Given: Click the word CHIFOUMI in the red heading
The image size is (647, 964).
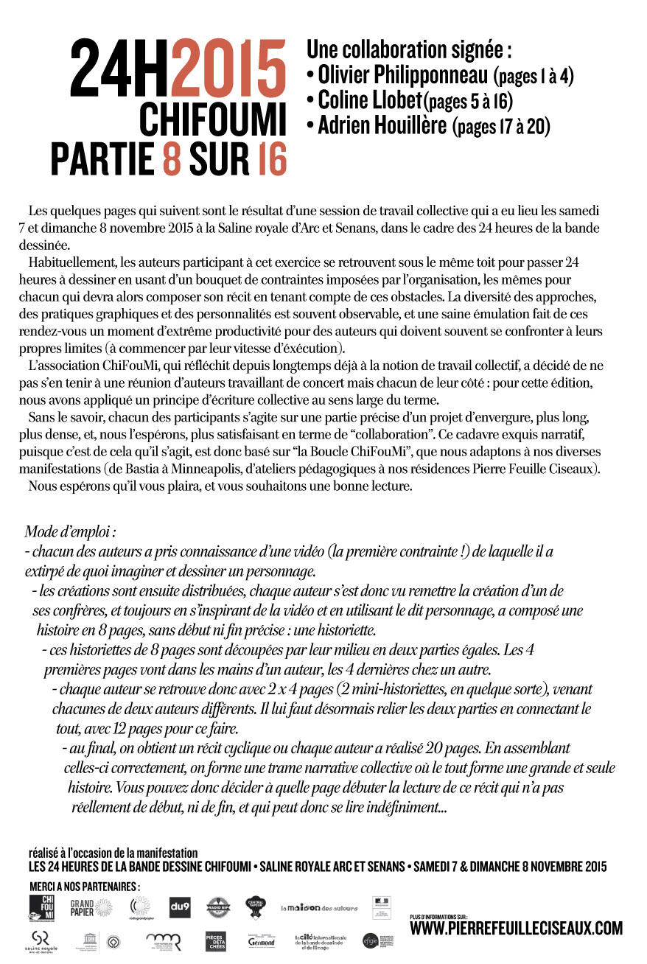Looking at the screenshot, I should pyautogui.click(x=212, y=119).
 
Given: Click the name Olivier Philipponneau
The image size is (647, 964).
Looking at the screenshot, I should pyautogui.click(x=402, y=74).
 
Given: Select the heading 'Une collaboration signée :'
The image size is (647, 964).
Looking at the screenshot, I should pyautogui.click(x=409, y=49).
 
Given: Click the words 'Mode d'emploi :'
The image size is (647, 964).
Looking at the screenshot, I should pyautogui.click(x=71, y=531).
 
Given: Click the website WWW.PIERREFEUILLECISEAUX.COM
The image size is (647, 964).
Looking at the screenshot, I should pyautogui.click(x=516, y=929).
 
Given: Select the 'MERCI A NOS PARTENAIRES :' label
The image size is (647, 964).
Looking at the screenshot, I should pyautogui.click(x=85, y=884).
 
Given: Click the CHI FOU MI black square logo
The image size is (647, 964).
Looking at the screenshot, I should pyautogui.click(x=42, y=907).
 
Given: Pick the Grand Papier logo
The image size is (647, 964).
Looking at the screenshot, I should pyautogui.click(x=91, y=907).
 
